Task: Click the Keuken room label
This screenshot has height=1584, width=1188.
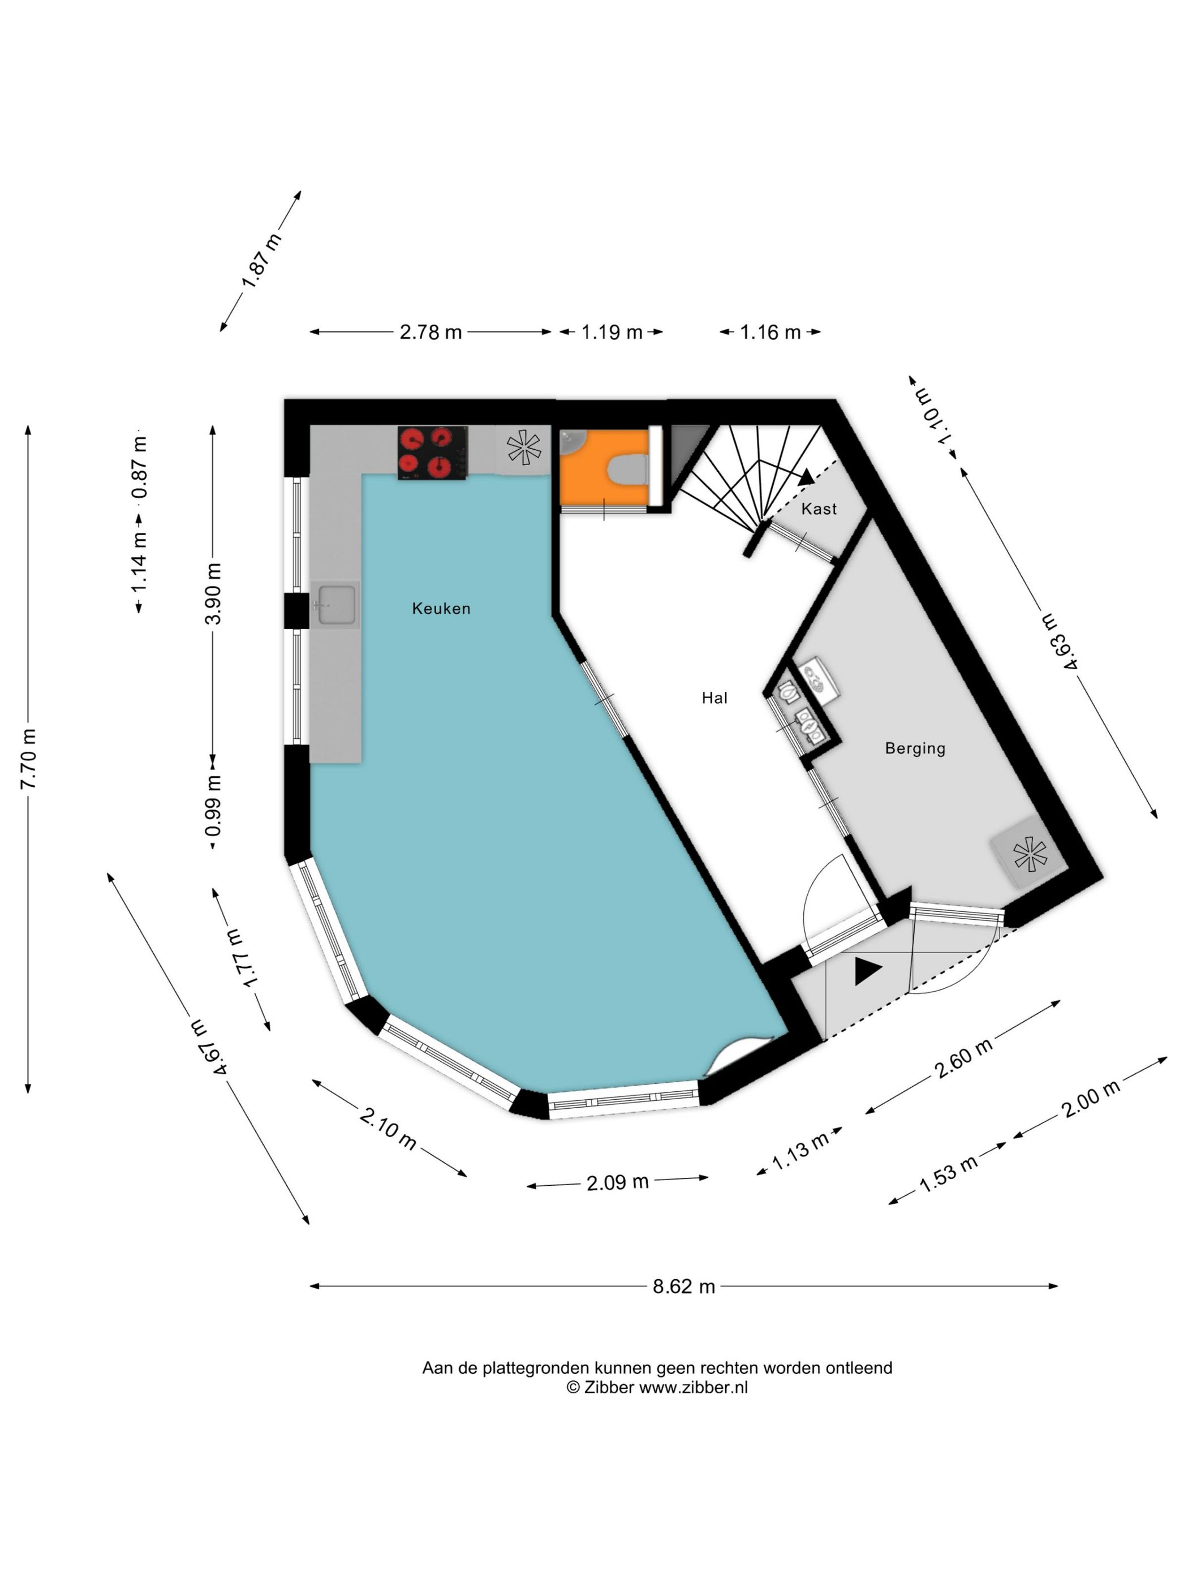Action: [x=441, y=609]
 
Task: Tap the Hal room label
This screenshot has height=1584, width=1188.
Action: [x=714, y=698]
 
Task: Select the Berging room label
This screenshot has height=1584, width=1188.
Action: [x=915, y=748]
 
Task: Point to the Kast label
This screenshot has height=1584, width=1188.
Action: [x=819, y=509]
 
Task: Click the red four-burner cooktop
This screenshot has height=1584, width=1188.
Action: [x=433, y=453]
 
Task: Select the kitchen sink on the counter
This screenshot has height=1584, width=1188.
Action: [x=335, y=605]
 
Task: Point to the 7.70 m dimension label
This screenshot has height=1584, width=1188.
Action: [x=28, y=759]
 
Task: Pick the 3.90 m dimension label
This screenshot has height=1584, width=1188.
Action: [x=213, y=595]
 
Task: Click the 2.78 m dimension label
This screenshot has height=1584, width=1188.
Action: [x=431, y=332]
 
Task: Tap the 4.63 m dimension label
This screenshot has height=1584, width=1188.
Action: [x=1059, y=641]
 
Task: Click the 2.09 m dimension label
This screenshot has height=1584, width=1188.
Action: [x=617, y=1182]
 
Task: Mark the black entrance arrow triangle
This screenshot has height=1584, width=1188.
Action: [x=867, y=972]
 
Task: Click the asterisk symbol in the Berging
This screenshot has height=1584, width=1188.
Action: [x=1030, y=854]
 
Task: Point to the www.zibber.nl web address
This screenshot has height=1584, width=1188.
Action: [x=693, y=1387]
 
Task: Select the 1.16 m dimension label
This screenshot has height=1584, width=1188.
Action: [x=770, y=332]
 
